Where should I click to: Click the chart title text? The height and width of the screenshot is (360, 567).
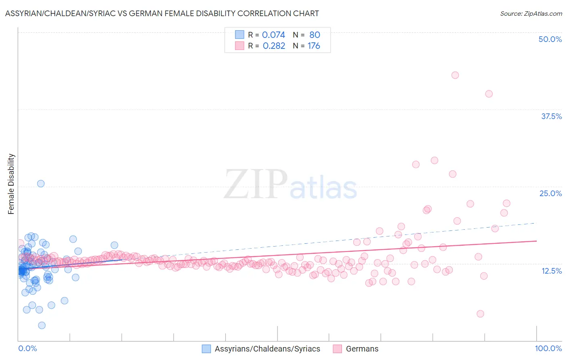coord(162,13)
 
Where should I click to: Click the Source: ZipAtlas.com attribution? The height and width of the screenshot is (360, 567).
coord(531,13)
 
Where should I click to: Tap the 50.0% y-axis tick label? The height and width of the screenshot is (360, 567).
coord(550,39)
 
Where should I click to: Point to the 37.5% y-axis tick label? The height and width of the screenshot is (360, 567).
coord(551,116)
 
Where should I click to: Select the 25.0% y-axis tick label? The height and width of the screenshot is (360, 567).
coord(550,193)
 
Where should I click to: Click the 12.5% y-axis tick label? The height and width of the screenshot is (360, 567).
coord(551,271)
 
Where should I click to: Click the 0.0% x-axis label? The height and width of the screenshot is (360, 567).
coord(27,348)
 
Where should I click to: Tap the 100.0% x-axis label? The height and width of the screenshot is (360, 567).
coord(548,348)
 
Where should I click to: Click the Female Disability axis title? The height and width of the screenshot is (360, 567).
coord(11,184)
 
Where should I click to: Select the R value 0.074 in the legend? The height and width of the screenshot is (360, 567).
coord(273,35)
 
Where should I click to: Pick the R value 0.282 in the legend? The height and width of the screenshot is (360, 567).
coord(274,46)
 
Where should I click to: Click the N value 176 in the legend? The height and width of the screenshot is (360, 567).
coord(314,46)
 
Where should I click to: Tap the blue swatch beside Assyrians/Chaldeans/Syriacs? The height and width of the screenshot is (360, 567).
coord(206,349)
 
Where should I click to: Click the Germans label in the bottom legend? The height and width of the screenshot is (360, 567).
coord(362,349)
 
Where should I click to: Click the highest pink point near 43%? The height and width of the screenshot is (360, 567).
coord(455,75)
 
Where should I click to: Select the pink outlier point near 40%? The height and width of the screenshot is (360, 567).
coord(489,94)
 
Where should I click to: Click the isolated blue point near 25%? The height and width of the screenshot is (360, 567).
coord(41,184)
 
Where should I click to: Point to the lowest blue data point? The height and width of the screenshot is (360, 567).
coord(42,325)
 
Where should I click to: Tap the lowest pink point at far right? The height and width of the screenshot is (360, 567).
coord(480,314)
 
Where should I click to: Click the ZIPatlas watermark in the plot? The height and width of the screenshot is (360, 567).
coord(290,184)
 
